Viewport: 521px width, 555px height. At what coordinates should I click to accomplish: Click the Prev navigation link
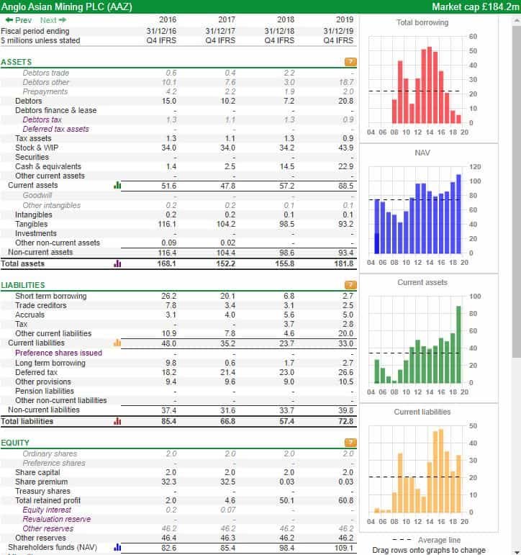coord(19,20)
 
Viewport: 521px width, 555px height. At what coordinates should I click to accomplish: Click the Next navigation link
coord(53,20)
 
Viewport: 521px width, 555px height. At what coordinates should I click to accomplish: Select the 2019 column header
coord(345,20)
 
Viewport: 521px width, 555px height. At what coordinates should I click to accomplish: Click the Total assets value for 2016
coord(166,263)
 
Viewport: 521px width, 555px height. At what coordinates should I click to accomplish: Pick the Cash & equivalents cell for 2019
coord(345,166)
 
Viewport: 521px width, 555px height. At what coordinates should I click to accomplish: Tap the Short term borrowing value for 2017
coord(227,296)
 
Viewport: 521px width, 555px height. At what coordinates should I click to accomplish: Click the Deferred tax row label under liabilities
coord(36,372)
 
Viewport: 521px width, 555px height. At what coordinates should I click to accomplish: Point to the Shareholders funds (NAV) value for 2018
coord(286,548)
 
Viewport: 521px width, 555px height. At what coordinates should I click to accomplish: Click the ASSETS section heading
coord(17,63)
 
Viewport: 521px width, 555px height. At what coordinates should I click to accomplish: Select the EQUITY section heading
coord(15,443)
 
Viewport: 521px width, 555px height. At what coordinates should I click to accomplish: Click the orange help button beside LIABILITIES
coord(350,285)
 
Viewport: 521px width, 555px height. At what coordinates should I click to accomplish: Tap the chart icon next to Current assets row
coord(117,185)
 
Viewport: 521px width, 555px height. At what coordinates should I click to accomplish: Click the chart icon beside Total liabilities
coord(117,421)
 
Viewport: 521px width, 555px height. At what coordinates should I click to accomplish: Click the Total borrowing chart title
coord(422,22)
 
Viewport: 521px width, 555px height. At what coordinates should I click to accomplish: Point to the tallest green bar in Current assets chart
coord(458,344)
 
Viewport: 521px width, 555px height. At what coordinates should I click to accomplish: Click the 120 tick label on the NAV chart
coord(475,167)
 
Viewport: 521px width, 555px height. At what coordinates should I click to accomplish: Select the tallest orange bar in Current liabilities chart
coord(441,471)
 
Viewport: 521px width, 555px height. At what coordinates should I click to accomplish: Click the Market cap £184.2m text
coord(476,6)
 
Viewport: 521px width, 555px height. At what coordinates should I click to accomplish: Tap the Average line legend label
coord(439,540)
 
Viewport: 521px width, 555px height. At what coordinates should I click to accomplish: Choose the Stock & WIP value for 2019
coord(345,148)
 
